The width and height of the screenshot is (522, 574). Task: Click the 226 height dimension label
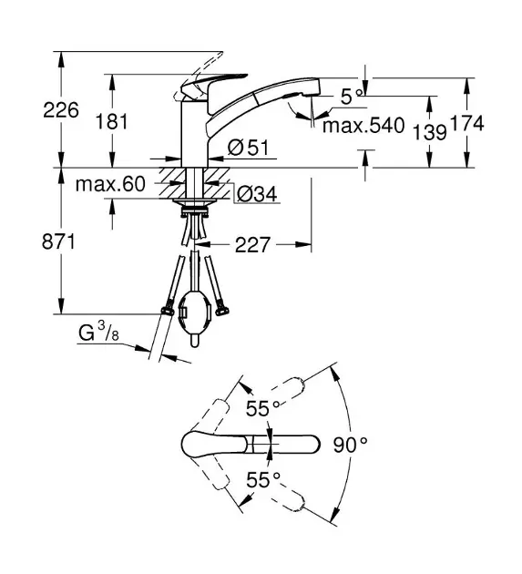pyautogui.click(x=61, y=110)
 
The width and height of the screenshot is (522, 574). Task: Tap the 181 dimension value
pyautogui.click(x=112, y=121)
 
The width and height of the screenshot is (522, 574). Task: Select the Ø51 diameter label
pyautogui.click(x=248, y=148)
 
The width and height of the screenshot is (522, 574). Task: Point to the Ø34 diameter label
pyautogui.click(x=257, y=194)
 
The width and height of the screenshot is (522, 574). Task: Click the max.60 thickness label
pyautogui.click(x=110, y=184)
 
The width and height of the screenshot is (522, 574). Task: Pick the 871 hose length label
pyautogui.click(x=58, y=241)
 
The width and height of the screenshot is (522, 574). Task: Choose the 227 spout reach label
pyautogui.click(x=252, y=244)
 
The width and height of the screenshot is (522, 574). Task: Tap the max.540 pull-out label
pyautogui.click(x=363, y=125)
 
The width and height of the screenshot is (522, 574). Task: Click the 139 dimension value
pyautogui.click(x=430, y=132)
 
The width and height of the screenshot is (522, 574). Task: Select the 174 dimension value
pyautogui.click(x=467, y=123)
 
